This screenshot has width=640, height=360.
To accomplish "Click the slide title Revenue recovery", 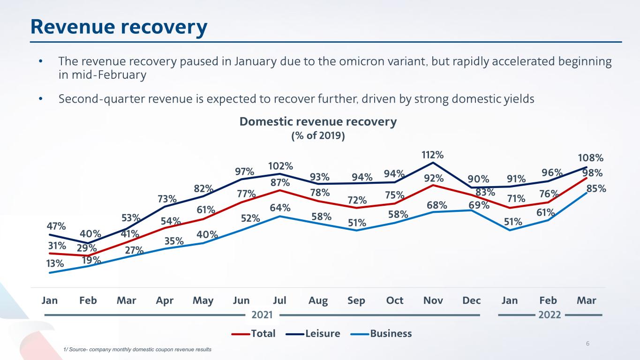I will coord(119,27).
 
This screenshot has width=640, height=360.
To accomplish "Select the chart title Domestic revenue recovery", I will coord(318,122).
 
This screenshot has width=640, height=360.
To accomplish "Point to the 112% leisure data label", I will coord(433,154).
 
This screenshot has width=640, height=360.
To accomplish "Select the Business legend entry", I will coord(390,334).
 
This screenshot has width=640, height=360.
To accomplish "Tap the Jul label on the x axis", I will coord(279,300).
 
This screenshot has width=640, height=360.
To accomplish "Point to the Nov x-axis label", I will coord(433,300).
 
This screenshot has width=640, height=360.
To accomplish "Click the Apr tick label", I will coord(165,300).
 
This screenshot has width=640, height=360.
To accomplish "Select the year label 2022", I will coord(550,315).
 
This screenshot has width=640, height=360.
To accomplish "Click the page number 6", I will coord(588,345).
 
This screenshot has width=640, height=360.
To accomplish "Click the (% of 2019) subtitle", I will coord(318,136).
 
